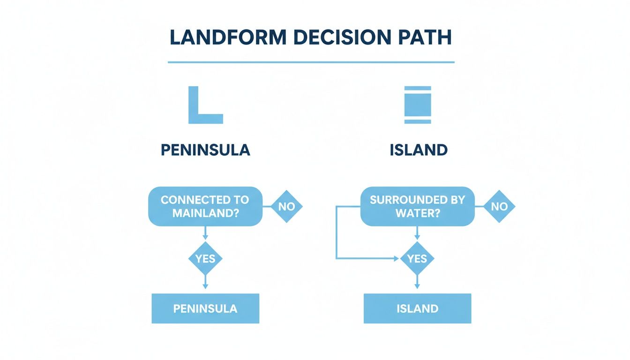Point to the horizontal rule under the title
311,62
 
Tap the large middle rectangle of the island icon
417,105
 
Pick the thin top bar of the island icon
417,88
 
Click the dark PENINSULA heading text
205,150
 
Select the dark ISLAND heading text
418,150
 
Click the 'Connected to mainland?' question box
205,206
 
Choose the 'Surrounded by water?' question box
417,206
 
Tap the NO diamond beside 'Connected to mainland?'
287,206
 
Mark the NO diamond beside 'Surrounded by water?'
499,206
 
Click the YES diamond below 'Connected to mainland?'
205,258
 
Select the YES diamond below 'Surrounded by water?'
417,258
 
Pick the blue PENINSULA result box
205,308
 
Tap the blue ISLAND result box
417,308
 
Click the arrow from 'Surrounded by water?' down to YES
417,234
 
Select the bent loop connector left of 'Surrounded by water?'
337,234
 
